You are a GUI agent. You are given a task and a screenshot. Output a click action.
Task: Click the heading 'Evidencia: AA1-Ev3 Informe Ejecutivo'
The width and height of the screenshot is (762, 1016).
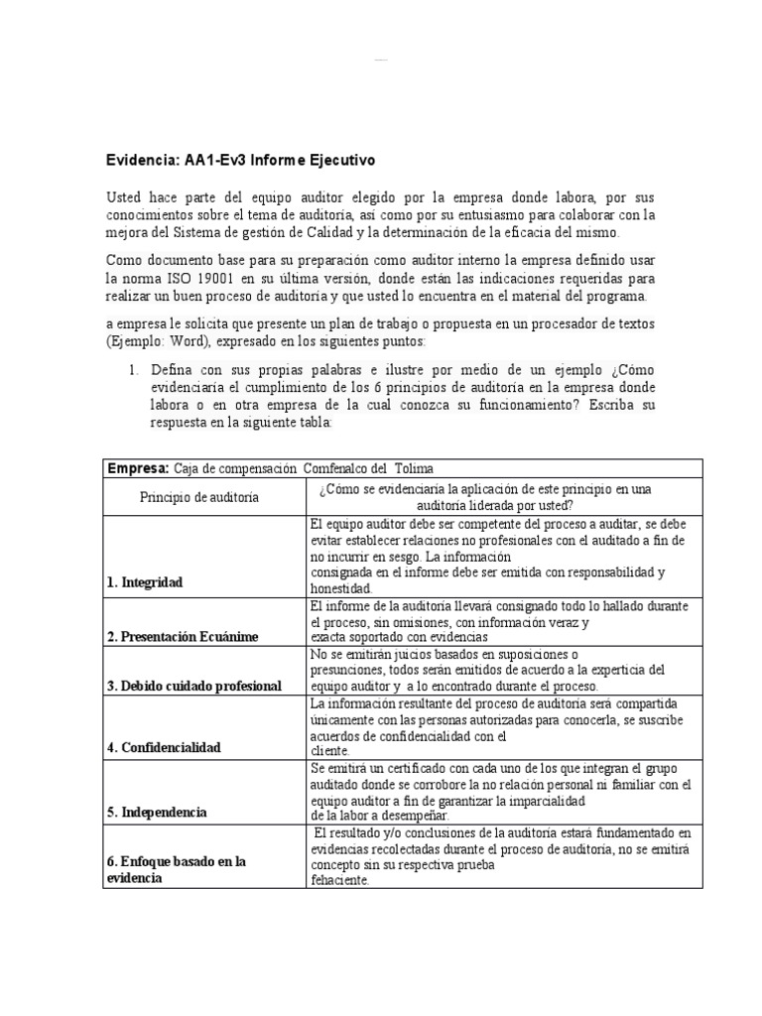[x=241, y=160]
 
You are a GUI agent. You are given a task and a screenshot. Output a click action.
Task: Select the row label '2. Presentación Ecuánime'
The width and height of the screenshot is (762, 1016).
[x=190, y=636]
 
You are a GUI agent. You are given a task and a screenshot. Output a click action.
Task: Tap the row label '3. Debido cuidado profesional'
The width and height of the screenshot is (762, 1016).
[x=195, y=687]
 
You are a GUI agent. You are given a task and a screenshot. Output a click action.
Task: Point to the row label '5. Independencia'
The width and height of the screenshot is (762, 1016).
[x=156, y=813]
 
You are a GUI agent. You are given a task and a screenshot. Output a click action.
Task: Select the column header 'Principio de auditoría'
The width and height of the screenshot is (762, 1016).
[x=199, y=496]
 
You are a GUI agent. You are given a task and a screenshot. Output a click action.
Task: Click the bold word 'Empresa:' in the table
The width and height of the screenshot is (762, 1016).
[x=138, y=468]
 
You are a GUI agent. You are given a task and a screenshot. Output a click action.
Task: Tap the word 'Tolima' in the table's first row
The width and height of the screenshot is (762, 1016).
[x=415, y=468]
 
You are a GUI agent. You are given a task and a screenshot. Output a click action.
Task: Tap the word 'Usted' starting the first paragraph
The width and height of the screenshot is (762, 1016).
[x=125, y=197]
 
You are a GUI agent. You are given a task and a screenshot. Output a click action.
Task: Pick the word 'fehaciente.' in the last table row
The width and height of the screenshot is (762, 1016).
[x=339, y=878]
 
